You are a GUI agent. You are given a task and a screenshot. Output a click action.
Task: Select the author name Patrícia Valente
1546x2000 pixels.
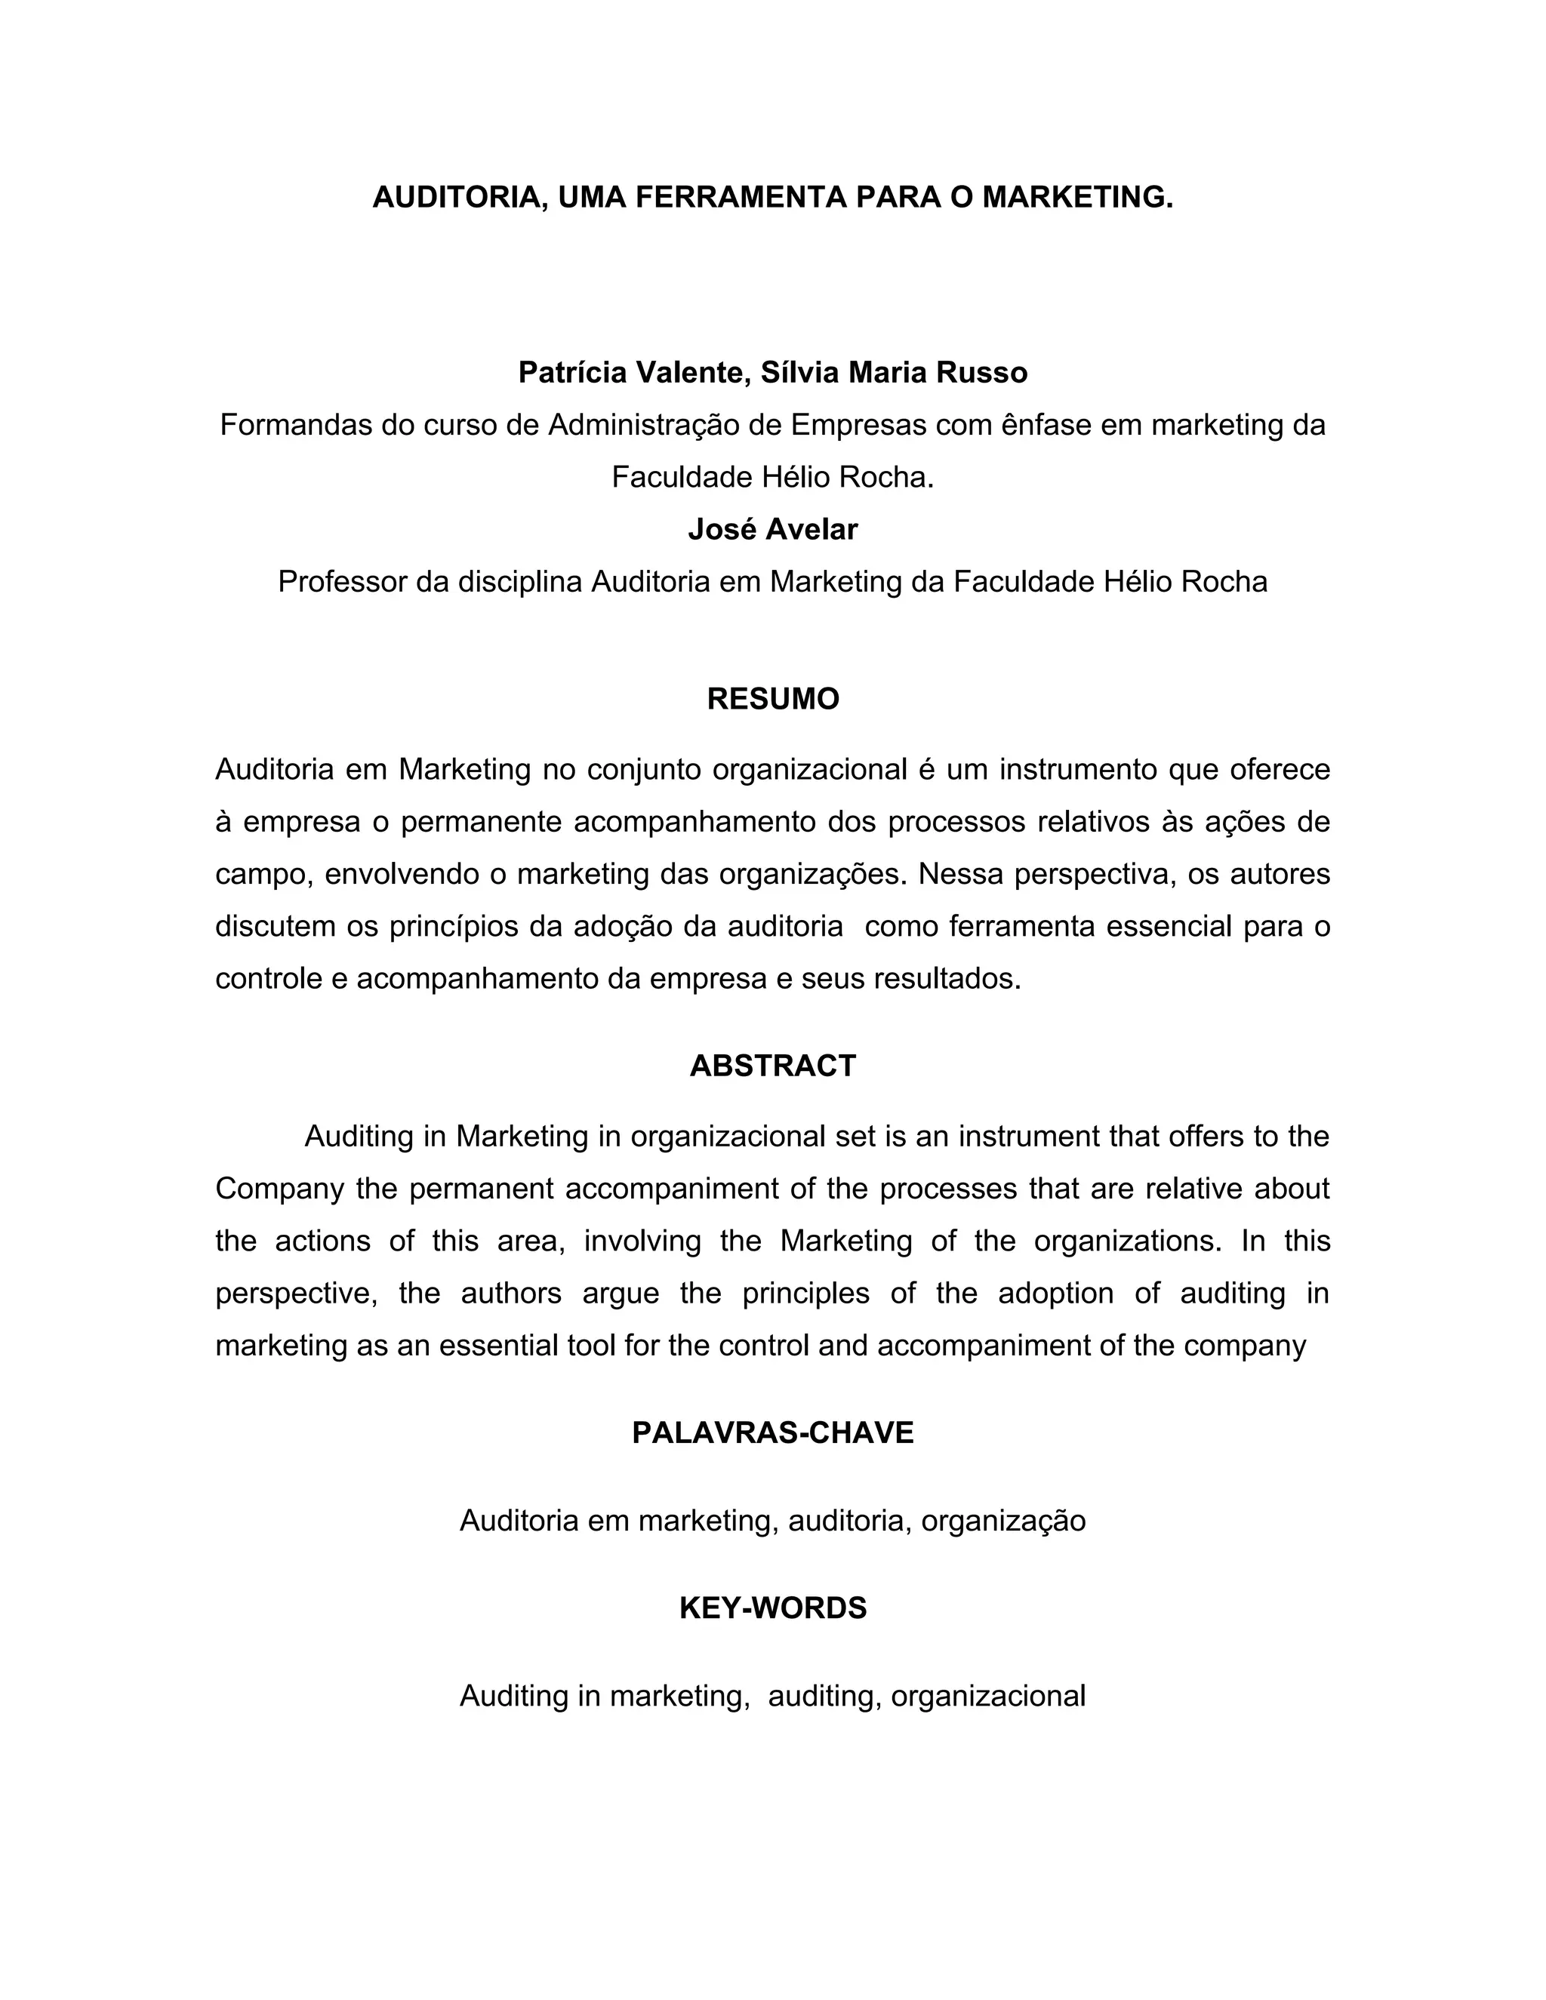coord(631,373)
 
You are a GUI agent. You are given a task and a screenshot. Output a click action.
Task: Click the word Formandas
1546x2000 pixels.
coord(296,425)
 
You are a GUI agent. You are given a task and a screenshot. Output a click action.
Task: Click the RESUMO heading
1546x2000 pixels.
coord(772,700)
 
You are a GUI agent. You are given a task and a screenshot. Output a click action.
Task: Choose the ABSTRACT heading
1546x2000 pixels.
coord(772,1066)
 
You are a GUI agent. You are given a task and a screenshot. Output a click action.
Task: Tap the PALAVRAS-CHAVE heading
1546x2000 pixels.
coord(772,1433)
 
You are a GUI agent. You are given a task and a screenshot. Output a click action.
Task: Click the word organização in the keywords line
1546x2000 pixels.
coord(1003,1520)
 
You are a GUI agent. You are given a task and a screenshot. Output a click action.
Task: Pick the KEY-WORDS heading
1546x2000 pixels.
coord(772,1608)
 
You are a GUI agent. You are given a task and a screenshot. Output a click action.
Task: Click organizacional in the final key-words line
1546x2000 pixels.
coord(987,1696)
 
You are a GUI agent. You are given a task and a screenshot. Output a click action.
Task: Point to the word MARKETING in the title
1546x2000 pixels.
coord(1076,198)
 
